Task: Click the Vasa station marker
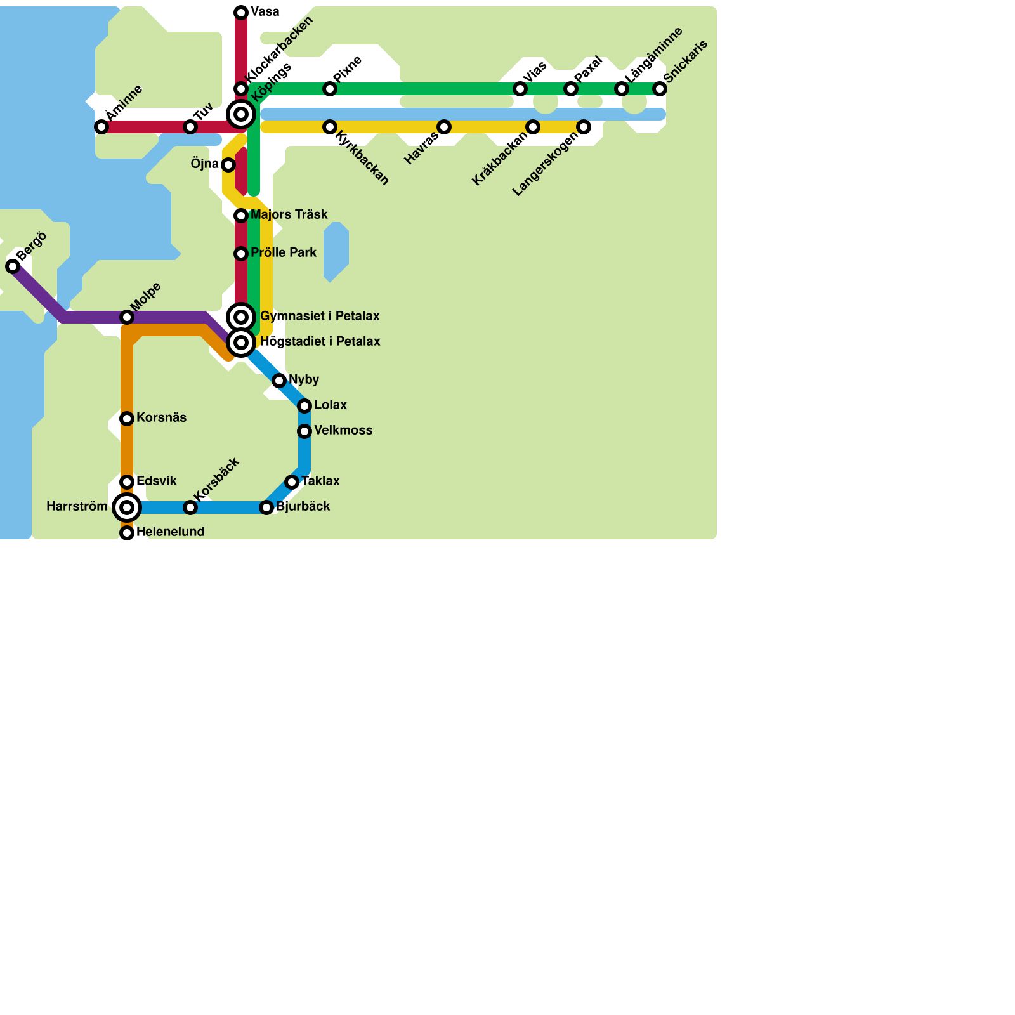point(241,13)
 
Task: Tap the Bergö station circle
point(13,266)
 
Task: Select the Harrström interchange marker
point(127,507)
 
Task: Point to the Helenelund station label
point(170,532)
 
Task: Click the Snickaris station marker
point(660,89)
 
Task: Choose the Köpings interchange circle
point(241,114)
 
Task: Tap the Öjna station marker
point(228,165)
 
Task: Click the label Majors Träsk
point(289,214)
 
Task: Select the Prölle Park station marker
point(241,254)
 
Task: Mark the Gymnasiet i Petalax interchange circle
point(241,317)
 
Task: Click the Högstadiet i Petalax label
point(320,341)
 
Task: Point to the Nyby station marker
point(279,381)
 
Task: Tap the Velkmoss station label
point(343,430)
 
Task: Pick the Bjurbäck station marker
point(266,507)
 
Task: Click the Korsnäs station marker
point(127,419)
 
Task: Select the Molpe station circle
point(127,317)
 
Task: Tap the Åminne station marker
point(101,127)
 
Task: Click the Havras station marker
point(444,127)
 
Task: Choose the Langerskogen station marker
point(584,127)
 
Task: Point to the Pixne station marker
point(330,89)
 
